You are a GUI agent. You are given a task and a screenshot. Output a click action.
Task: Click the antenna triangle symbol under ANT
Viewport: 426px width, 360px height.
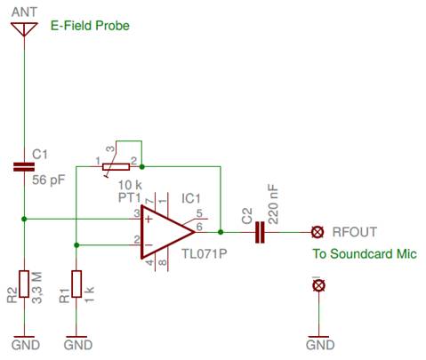[24, 29]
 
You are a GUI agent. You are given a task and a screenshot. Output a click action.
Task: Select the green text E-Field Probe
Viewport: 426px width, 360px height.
[90, 26]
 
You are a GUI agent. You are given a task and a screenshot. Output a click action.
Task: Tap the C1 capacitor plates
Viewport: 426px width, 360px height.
[24, 167]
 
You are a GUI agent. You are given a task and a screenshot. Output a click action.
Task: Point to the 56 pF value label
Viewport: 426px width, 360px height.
[48, 180]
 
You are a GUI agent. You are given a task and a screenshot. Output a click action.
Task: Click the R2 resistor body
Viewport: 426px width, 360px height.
[24, 284]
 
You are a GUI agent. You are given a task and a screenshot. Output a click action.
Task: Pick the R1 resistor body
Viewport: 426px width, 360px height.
[76, 284]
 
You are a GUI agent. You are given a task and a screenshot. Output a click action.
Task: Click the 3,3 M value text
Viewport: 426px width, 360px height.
[37, 287]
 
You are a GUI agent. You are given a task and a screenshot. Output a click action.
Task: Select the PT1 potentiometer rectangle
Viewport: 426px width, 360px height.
[116, 167]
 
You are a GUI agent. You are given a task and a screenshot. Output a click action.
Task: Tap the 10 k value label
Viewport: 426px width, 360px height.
[130, 185]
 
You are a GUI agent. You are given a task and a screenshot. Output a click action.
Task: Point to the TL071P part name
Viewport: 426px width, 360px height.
[204, 253]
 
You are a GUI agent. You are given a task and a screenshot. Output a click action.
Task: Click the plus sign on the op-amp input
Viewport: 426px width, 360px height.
[149, 220]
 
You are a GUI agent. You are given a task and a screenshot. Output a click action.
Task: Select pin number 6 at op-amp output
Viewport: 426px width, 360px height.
[199, 227]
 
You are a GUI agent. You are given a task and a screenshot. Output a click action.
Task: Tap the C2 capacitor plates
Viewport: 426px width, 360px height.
[260, 232]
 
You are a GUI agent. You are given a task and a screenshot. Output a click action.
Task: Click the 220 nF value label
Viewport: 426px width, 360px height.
[273, 204]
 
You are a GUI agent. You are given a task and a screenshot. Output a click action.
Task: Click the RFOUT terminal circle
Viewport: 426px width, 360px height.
[317, 232]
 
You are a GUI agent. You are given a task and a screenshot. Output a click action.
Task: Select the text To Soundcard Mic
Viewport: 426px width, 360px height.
[365, 254]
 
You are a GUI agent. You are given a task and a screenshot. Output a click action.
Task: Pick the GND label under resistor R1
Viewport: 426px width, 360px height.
[78, 345]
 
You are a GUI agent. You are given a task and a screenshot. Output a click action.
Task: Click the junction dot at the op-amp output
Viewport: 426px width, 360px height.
[221, 232]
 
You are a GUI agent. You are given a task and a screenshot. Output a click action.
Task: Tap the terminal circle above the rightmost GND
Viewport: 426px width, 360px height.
[318, 285]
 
